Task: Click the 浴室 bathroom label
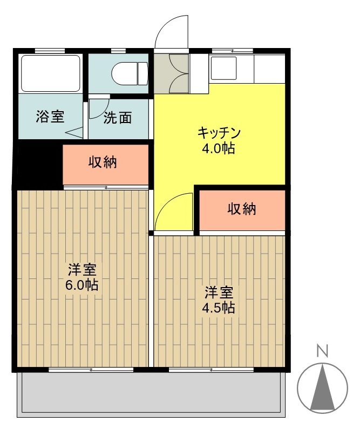coord(50,117)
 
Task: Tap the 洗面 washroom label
coord(118,118)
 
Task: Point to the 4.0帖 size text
coord(219,148)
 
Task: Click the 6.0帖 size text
coord(82,285)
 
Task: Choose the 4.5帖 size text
coord(218,308)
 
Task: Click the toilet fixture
coord(129,73)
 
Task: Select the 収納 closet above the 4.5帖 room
coord(241,209)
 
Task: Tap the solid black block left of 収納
coord(38,164)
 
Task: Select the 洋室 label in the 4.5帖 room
coord(218,293)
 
